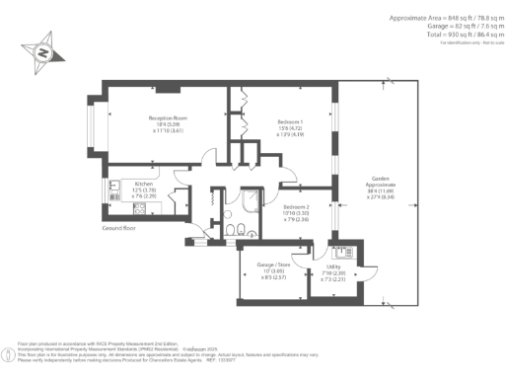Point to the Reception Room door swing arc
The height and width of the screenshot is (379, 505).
[x=208, y=156]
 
